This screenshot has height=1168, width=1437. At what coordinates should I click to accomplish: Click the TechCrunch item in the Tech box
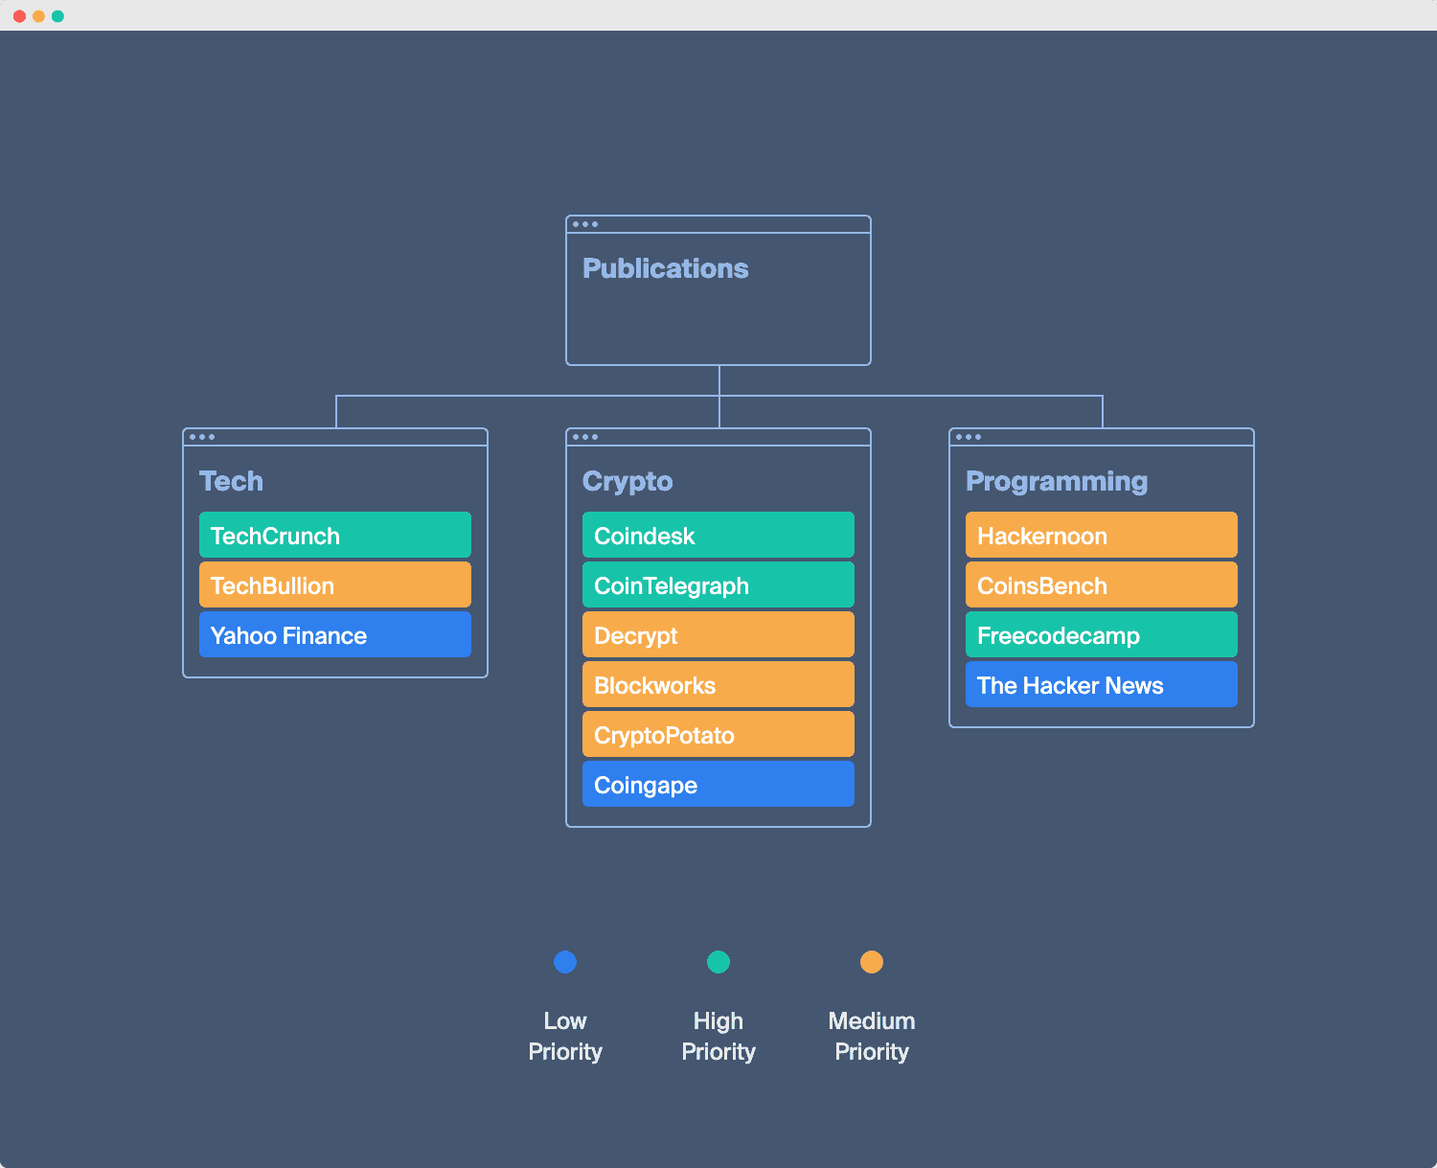pos(334,535)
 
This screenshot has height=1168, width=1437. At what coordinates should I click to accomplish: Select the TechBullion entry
pos(334,584)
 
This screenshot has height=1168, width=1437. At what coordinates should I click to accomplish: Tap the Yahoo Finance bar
pos(334,634)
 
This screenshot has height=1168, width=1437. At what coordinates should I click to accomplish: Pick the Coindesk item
pos(718,535)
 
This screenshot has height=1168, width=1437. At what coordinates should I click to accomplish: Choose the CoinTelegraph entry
pos(718,584)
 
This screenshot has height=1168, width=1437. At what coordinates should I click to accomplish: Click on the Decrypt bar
pos(718,634)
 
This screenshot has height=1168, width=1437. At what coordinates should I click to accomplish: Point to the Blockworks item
pos(718,684)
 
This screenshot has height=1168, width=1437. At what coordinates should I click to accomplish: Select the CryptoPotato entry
pos(718,734)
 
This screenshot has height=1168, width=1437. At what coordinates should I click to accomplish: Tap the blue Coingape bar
pos(718,784)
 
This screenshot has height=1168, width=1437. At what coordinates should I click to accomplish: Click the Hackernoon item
pos(1101,535)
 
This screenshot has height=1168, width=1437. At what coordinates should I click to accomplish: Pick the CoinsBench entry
pos(1101,584)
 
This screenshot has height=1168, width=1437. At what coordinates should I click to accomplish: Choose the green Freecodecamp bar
pos(1101,634)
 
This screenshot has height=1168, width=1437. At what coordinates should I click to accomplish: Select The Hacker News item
pos(1101,684)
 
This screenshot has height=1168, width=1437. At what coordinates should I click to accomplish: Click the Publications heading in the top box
pos(665,268)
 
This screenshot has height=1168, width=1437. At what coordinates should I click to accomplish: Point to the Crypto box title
pos(627,481)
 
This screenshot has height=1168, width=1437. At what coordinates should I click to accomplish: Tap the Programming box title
pos(1056,481)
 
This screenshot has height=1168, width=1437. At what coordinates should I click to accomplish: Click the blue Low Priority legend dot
pos(565,962)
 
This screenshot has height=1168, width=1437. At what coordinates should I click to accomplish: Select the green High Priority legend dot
pos(718,962)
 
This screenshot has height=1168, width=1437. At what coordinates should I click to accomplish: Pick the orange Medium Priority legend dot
pos(872,962)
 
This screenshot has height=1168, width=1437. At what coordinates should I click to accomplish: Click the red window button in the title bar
pos(19,16)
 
